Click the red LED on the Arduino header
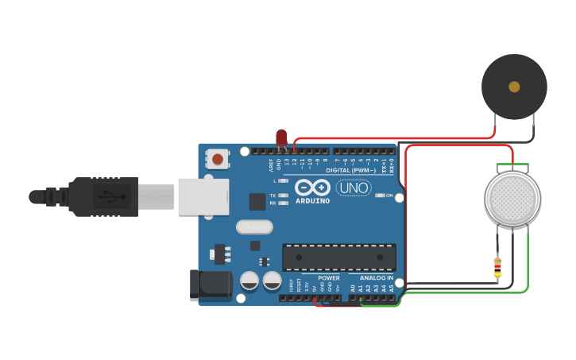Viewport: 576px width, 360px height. [280, 137]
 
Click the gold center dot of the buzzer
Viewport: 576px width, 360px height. [514, 86]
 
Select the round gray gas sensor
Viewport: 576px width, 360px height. [512, 198]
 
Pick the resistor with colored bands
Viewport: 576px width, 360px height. [497, 268]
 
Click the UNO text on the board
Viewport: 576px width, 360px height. [354, 188]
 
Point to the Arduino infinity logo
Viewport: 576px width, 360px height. [312, 188]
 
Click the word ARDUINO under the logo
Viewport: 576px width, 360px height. [312, 200]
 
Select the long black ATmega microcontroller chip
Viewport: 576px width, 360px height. [339, 257]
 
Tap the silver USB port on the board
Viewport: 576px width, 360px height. [203, 196]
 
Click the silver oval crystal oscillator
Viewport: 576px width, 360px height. [254, 227]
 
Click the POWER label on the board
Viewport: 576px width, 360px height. [329, 278]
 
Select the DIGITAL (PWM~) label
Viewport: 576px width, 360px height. [351, 171]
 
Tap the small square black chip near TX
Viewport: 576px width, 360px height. [257, 202]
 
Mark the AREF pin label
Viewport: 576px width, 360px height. [271, 165]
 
